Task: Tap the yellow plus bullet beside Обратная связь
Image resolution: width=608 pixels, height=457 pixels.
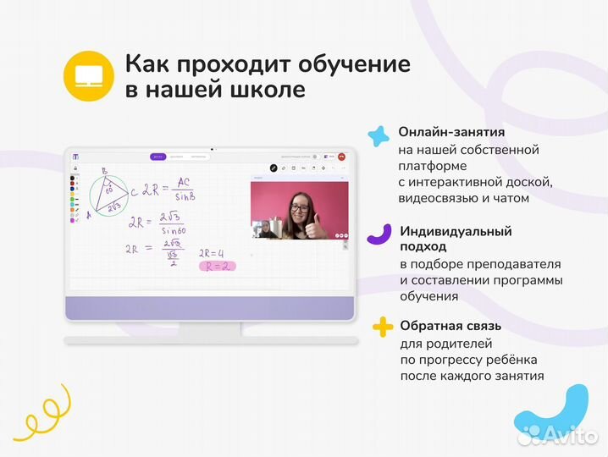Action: point(383,327)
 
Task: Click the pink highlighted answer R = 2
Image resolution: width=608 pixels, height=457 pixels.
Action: point(216,266)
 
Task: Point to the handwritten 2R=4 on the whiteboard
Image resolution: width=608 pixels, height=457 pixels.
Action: point(213,252)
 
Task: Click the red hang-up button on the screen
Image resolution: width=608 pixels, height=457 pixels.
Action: point(341,157)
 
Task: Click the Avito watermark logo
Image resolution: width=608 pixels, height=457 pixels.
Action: point(559,434)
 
